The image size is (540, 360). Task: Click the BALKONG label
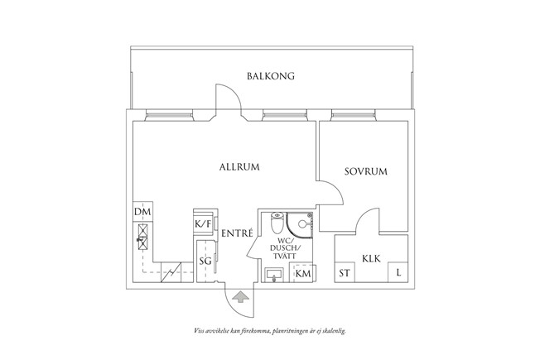(x=271, y=75)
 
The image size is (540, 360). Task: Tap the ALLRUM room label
(x=239, y=167)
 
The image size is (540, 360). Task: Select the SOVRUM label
(x=366, y=171)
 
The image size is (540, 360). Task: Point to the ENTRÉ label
(x=237, y=233)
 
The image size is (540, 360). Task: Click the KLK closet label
(x=371, y=258)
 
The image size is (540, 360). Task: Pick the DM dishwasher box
(x=142, y=211)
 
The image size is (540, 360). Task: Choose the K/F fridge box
(x=203, y=224)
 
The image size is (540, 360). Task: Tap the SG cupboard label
(x=205, y=262)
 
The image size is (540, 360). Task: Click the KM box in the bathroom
(x=303, y=273)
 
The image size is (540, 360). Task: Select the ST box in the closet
(x=345, y=273)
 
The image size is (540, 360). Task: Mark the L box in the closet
(x=398, y=273)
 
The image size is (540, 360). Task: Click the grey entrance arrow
(x=240, y=297)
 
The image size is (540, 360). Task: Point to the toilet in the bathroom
(x=277, y=223)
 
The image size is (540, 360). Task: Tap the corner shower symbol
(x=300, y=225)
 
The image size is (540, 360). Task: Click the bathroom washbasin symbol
(x=274, y=276)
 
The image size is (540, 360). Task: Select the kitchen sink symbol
(x=142, y=237)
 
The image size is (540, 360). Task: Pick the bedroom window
(x=354, y=115)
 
